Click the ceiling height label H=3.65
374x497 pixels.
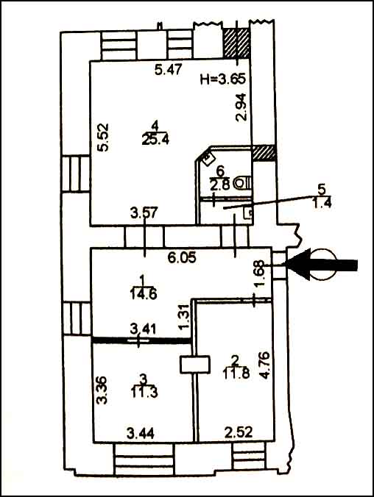(x=223, y=78)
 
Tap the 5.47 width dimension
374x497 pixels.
(x=169, y=69)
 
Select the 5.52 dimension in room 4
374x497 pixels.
(x=103, y=137)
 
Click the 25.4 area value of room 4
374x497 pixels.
(x=155, y=139)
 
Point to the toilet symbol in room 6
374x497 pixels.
(x=242, y=183)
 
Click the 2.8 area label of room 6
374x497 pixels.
(x=219, y=184)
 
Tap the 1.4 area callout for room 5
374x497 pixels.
(x=322, y=202)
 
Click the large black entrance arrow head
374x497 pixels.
(x=297, y=265)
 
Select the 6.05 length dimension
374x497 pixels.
(x=182, y=257)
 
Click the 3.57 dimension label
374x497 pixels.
(x=144, y=212)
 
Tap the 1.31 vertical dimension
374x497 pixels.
(x=185, y=317)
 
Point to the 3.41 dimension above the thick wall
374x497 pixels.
(x=143, y=329)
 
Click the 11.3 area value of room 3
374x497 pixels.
(x=144, y=393)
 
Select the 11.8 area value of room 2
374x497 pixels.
(x=236, y=373)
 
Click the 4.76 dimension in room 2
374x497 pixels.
(x=265, y=365)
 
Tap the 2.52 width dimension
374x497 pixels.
(x=239, y=432)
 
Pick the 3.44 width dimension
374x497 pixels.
(x=141, y=433)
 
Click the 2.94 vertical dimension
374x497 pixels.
(x=241, y=107)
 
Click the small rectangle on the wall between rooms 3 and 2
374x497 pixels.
(x=195, y=365)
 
